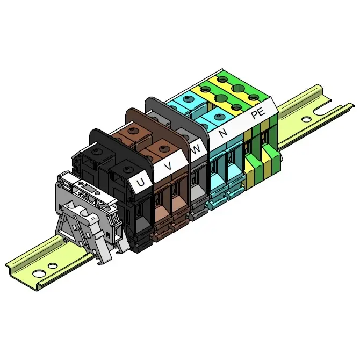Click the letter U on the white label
pyautogui.click(x=140, y=182)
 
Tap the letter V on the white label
pyautogui.click(x=169, y=165)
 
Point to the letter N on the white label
pyautogui.click(x=223, y=133)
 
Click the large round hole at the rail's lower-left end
pyautogui.click(x=38, y=273)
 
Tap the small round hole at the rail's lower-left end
pyautogui.click(x=53, y=266)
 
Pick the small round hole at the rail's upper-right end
pyautogui.click(x=306, y=119)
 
